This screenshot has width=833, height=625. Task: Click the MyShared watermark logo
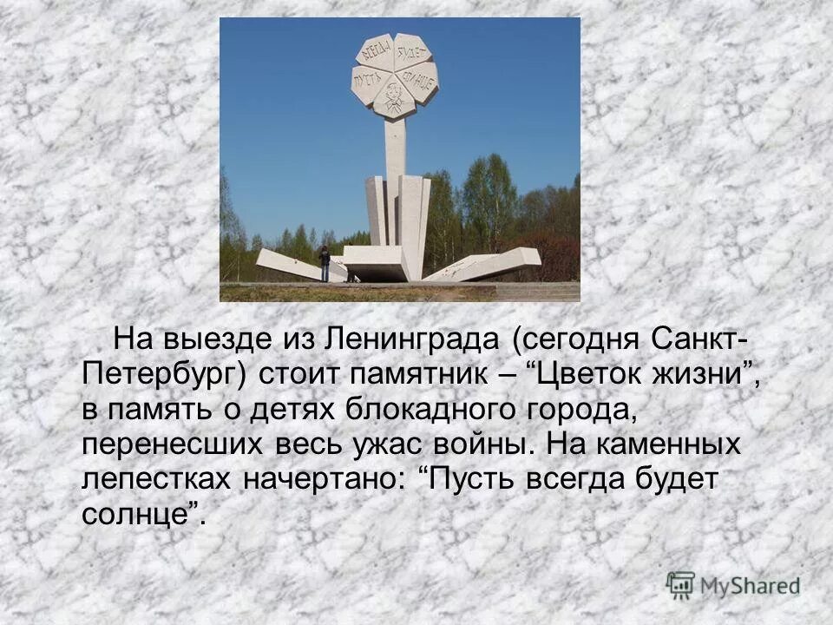click(733, 584)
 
